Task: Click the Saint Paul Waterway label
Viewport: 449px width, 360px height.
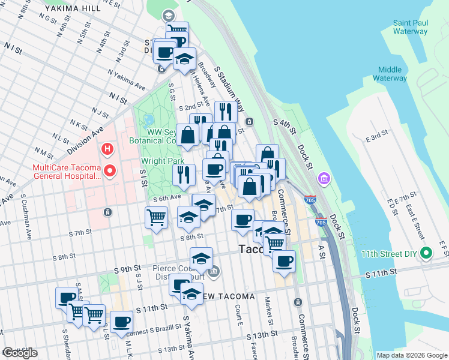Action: click(x=411, y=27)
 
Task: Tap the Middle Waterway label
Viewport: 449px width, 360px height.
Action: click(x=390, y=74)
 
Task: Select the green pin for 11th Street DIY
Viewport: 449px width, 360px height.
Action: click(x=426, y=253)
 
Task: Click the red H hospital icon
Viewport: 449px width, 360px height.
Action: click(x=107, y=148)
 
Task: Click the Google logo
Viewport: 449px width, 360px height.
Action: click(x=19, y=353)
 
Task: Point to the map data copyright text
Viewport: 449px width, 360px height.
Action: click(x=412, y=355)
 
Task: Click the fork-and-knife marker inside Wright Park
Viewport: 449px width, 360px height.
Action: click(x=184, y=174)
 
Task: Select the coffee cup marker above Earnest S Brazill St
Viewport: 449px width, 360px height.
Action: click(x=122, y=322)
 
